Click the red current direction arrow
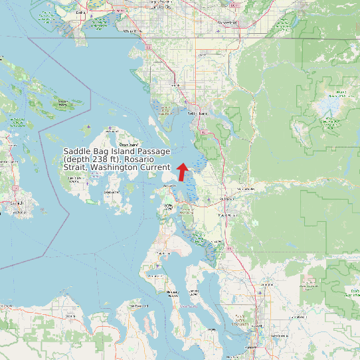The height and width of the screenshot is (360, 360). click(182, 171)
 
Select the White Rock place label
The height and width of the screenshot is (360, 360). click(132, 31)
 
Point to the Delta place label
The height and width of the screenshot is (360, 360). click(81, 12)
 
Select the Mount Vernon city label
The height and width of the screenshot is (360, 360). click(228, 215)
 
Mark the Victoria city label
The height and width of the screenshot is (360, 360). click(16, 203)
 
